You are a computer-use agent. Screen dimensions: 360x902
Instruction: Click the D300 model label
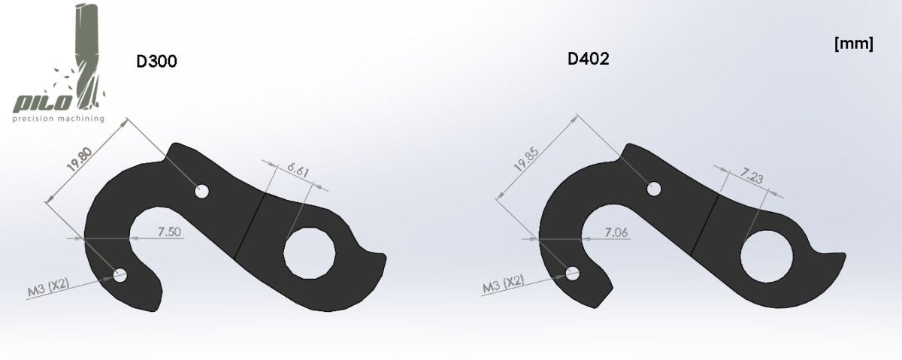[156, 62]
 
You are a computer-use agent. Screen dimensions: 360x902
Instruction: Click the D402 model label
[588, 59]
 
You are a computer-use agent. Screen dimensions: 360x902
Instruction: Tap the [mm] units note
[853, 44]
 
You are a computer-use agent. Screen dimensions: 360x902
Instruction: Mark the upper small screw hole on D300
[201, 191]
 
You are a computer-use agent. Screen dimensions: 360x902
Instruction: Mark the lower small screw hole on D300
[120, 276]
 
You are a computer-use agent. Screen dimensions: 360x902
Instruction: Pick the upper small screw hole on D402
[655, 187]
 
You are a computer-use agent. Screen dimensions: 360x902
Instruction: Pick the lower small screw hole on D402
[573, 273]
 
